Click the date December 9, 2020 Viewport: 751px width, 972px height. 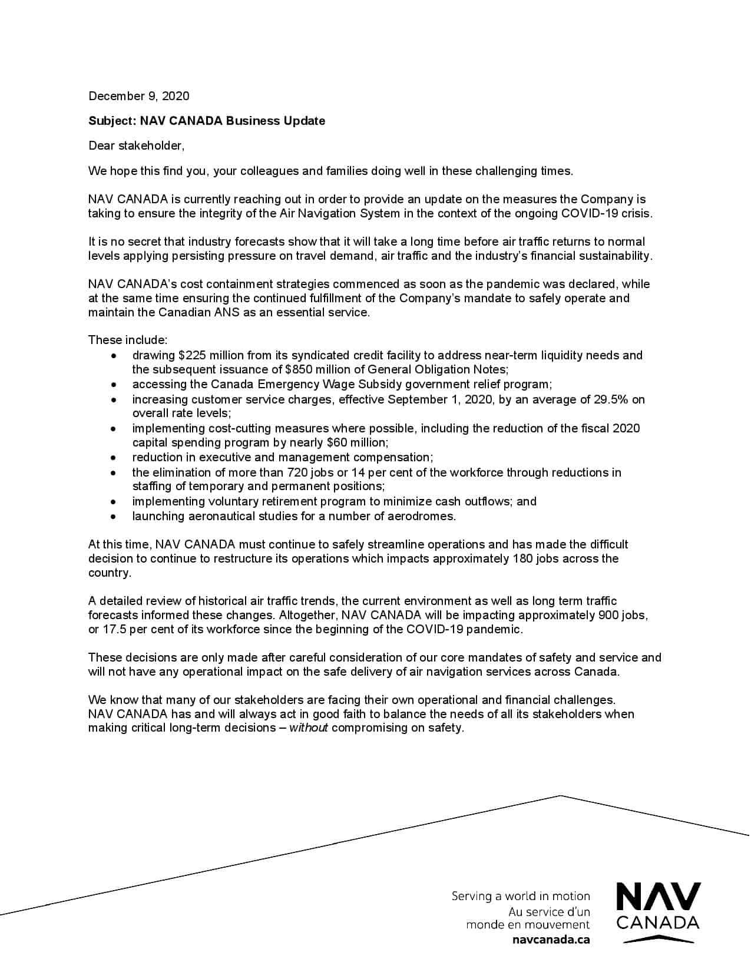[139, 96]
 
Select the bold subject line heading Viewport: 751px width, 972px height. [206, 121]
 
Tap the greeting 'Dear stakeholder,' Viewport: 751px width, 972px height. [136, 146]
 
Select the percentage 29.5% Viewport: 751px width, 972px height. [608, 399]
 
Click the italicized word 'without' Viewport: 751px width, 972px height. [308, 728]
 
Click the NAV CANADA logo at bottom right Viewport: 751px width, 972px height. [658, 912]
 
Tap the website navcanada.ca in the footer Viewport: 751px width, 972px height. [551, 940]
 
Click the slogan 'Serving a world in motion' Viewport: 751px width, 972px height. [521, 897]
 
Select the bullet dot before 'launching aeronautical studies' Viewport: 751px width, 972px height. [114, 517]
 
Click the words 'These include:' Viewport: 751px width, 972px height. [128, 340]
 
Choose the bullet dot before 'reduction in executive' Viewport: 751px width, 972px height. [114, 458]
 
